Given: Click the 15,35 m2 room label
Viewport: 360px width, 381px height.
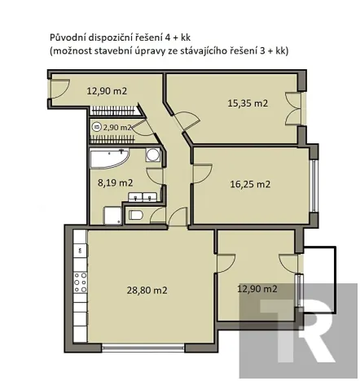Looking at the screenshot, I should click(247, 103).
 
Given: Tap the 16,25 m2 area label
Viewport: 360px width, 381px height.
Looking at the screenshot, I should click(252, 185).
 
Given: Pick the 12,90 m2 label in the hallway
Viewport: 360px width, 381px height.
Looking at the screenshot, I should click(107, 90).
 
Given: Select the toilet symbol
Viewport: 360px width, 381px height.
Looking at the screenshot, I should click(136, 215).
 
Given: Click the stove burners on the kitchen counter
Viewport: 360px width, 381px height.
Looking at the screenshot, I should click(81, 282).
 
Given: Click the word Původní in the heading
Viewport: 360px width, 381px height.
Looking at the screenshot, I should click(68, 37).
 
